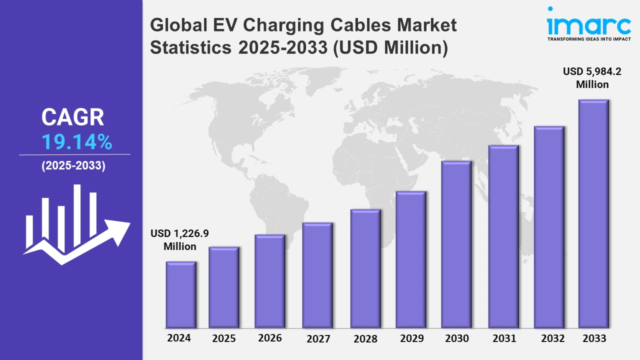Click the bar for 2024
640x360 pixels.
[x=181, y=295]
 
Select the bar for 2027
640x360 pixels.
[x=317, y=275]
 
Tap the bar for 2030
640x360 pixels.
[x=456, y=245]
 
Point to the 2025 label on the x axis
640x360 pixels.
[x=224, y=338]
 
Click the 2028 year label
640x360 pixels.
[x=365, y=338]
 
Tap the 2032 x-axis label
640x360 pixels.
[x=553, y=338]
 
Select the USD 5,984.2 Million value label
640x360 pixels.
[x=592, y=78]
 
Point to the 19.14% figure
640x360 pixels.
[x=76, y=143]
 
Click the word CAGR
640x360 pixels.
[x=73, y=117]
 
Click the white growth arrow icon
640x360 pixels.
[x=75, y=225]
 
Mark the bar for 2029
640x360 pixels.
[x=410, y=259]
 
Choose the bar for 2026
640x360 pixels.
[x=270, y=281]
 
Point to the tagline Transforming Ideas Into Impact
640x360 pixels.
[x=588, y=38]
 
